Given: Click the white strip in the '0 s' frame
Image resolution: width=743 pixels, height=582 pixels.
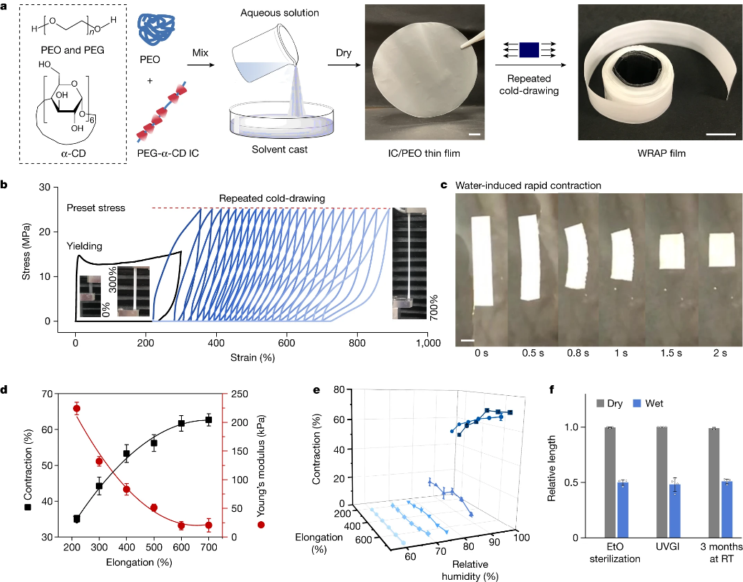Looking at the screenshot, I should point(482,261).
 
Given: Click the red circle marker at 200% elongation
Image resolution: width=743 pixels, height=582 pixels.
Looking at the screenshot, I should point(77,409).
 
